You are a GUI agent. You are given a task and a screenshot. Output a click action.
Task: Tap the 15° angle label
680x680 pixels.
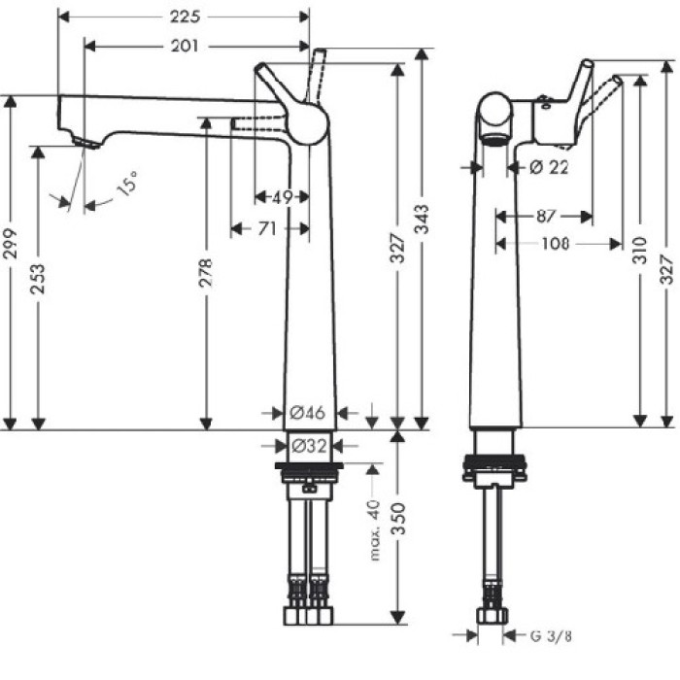click(x=125, y=184)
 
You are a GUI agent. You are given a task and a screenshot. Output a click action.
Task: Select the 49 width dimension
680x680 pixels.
click(x=282, y=197)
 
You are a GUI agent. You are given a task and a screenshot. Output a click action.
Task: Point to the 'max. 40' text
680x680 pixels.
click(x=374, y=532)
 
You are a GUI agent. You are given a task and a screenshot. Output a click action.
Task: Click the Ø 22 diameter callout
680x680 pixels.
click(x=550, y=167)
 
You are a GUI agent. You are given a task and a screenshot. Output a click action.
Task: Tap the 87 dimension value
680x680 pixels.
click(x=544, y=215)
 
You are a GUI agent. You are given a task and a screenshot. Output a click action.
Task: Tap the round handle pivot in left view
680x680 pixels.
click(x=308, y=123)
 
